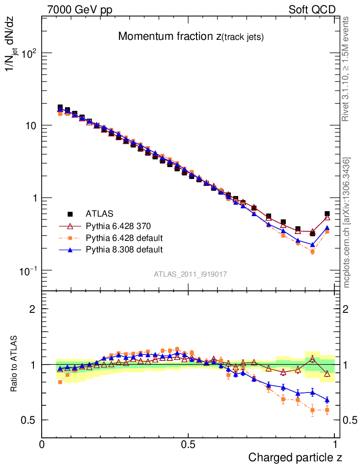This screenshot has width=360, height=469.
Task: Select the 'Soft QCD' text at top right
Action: coord(312,10)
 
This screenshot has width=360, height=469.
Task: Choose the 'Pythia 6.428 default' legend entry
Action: coord(124,238)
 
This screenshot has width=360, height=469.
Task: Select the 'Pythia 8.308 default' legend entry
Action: coord(124,250)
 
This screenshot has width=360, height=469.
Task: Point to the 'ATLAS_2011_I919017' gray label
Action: coord(191,274)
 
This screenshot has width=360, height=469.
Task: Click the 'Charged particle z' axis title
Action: coord(295,457)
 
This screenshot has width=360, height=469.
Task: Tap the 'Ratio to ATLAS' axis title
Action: coord(14,364)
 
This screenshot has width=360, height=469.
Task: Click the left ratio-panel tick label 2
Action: coord(33,309)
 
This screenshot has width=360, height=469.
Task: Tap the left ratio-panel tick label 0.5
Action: coord(28,420)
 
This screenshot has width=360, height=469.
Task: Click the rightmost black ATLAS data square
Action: coord(327,214)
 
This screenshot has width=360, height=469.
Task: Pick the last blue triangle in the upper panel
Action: coord(327,228)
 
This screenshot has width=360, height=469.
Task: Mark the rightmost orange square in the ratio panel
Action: coord(327,410)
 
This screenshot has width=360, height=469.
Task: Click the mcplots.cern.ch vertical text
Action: coord(347,223)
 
